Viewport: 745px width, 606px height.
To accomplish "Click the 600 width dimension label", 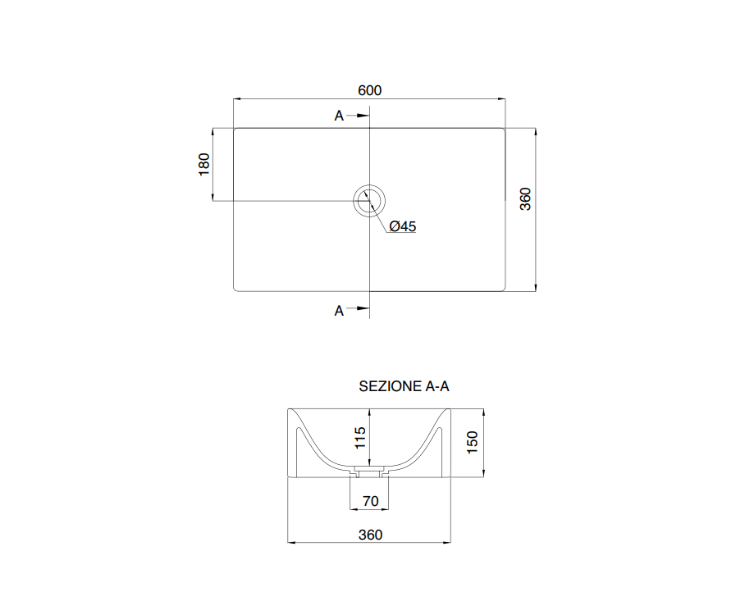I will (x=369, y=90).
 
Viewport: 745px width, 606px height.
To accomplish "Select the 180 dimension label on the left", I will (x=204, y=164).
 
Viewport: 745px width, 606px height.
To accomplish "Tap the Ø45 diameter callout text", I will (x=403, y=226).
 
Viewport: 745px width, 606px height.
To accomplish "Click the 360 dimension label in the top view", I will (x=526, y=198).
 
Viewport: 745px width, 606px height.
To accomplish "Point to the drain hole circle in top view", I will (x=369, y=200).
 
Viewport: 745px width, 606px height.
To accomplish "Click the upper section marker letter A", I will (x=339, y=116).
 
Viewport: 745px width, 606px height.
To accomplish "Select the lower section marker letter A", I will (x=339, y=311).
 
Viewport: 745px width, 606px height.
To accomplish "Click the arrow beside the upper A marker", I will (x=358, y=116).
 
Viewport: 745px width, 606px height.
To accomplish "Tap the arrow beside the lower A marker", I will (x=358, y=310).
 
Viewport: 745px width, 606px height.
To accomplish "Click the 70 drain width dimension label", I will (x=370, y=500).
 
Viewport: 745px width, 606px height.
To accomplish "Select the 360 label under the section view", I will (x=370, y=535).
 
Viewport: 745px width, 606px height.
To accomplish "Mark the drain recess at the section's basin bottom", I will (x=369, y=472).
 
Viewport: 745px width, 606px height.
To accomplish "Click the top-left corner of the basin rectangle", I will (x=235, y=130).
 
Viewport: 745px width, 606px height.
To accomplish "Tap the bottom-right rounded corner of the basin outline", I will (x=502, y=289).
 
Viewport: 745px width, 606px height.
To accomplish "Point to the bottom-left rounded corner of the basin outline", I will (x=236, y=289).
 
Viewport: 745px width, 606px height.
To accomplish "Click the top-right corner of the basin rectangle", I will (x=503, y=130).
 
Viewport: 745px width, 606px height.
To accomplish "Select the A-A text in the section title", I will (x=436, y=386).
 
